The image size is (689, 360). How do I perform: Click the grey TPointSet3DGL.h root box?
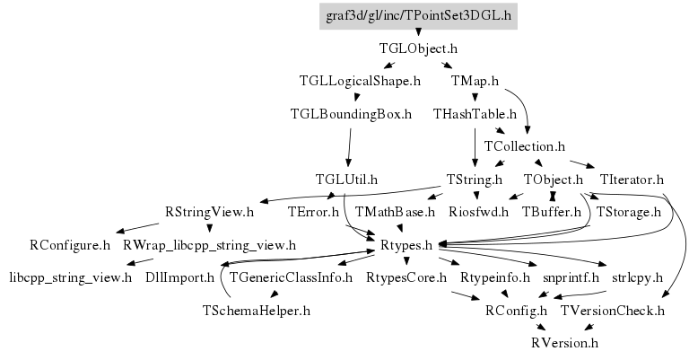tap(419, 15)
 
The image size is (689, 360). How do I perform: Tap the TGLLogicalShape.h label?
tap(360, 81)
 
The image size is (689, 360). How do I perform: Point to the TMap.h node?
tap(475, 81)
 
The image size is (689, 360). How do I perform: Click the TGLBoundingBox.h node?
tap(351, 114)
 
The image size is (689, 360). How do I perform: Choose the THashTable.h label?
tap(475, 114)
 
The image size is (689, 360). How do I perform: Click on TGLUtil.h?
tap(346, 179)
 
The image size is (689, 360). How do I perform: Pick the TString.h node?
tap(475, 179)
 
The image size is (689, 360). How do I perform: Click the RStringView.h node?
tap(210, 212)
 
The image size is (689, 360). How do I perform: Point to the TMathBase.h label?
tap(395, 212)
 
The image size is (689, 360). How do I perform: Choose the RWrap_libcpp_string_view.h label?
tap(209, 244)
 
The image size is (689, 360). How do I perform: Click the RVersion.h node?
tap(564, 343)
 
